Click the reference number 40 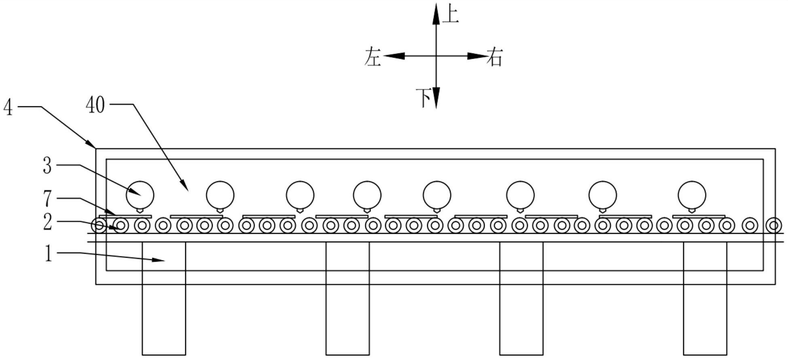(95, 106)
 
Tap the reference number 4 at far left (8, 108)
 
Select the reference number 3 (47, 166)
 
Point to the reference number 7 (48, 199)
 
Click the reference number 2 (48, 222)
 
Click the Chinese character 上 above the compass (451, 15)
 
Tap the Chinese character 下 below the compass (424, 98)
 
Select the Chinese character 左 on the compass (373, 57)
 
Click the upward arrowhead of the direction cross (436, 12)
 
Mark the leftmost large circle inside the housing (140, 195)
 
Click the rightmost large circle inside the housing (692, 195)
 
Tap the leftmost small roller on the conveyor (99, 225)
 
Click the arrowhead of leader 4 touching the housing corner (92, 144)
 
